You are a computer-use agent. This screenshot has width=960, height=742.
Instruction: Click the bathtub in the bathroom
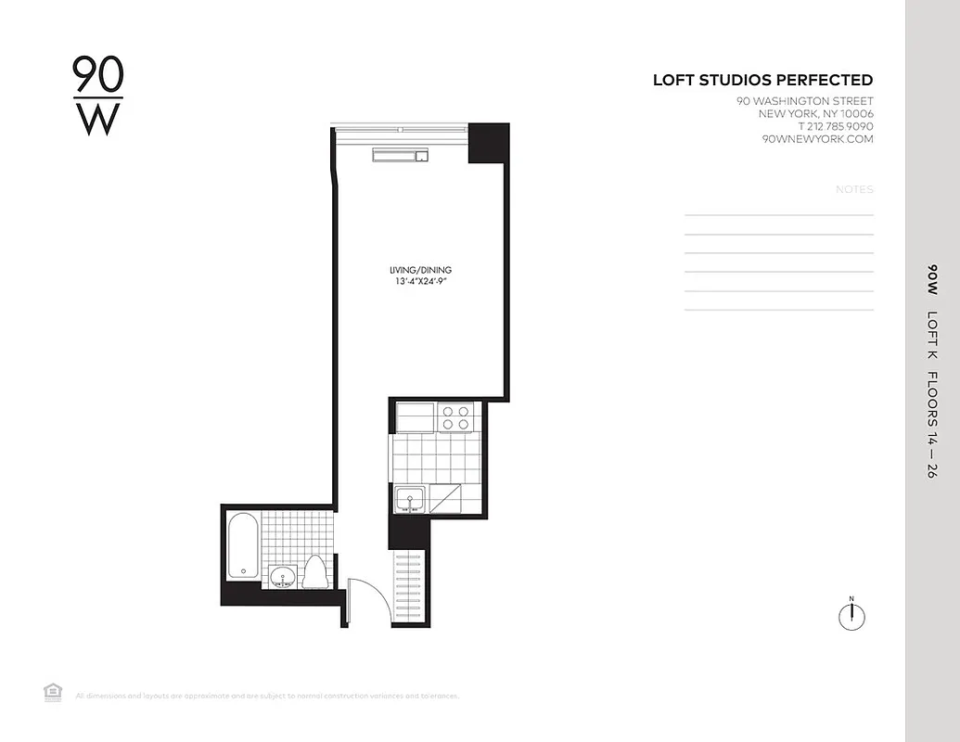pos(243,547)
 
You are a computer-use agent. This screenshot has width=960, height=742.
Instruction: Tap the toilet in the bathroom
pos(314,571)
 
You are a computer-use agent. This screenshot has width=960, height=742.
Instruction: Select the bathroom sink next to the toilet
pos(283,578)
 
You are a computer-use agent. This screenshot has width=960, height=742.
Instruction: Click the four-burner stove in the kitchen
pos(455,417)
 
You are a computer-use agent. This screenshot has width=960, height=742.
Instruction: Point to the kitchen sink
pos(409,500)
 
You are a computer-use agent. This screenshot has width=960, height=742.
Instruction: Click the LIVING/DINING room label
pos(420,270)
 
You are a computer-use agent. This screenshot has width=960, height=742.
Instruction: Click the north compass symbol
pos(851,615)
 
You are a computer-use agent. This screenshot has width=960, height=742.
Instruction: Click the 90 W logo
pos(97,96)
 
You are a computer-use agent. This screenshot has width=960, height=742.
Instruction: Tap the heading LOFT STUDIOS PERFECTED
pos(762,81)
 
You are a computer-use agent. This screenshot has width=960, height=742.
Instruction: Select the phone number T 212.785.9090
pos(835,126)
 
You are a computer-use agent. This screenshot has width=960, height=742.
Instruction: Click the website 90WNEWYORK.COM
pos(817,139)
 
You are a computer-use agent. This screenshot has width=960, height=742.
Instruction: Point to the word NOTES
pos(854,189)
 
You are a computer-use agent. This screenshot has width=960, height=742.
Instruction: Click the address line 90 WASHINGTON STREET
pos(804,101)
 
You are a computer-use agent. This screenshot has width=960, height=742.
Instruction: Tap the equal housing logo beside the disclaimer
pos(53,691)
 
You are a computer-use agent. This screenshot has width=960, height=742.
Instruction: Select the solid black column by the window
pos(488,143)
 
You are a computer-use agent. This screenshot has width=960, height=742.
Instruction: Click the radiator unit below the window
pos(401,155)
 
